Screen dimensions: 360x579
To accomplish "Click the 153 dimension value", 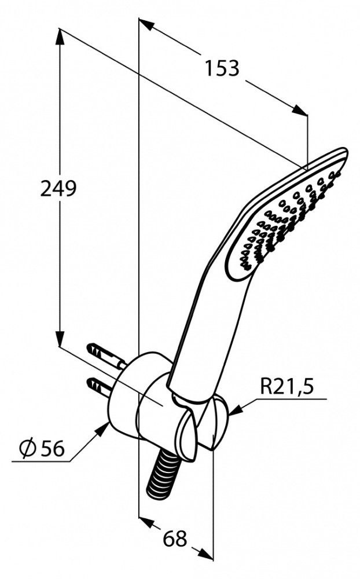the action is point(222,69).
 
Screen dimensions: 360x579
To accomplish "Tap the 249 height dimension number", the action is point(58,189).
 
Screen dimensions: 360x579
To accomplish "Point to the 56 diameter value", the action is point(53,448).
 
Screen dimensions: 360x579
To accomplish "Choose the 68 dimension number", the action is point(175,539).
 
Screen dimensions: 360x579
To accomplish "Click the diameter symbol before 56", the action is point(28,448).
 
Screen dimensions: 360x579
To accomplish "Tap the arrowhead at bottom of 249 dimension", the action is point(60,338).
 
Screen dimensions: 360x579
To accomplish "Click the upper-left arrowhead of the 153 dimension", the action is point(146,25).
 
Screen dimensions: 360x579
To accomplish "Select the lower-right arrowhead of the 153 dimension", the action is point(299,109).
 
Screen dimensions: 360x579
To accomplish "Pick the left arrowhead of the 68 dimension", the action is point(146,522).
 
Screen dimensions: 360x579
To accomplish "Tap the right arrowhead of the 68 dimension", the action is point(205,554).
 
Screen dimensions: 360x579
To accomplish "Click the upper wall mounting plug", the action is point(106,356).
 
